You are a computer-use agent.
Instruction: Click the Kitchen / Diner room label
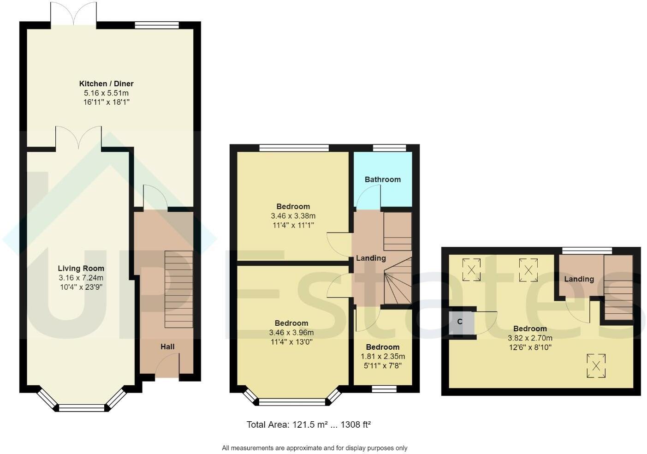(x=106, y=84)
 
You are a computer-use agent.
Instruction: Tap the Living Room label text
(x=81, y=268)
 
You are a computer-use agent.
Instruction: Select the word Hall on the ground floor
(x=167, y=346)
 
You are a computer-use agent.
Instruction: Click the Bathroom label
(x=382, y=179)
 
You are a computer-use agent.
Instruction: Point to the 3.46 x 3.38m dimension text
(x=293, y=216)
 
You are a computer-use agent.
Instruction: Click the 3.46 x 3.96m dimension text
(x=291, y=333)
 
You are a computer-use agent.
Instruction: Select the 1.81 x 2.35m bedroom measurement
(x=382, y=356)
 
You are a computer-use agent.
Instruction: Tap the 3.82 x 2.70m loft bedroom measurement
(x=530, y=338)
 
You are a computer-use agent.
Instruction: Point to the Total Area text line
(x=309, y=424)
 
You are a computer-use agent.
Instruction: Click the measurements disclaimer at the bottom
(x=315, y=448)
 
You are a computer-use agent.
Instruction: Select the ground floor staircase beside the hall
(x=178, y=289)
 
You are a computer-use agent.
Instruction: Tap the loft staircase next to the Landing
(x=618, y=287)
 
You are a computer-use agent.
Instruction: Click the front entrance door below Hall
(x=167, y=369)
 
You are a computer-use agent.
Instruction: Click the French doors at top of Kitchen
(x=74, y=14)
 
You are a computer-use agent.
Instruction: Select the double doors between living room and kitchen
(x=78, y=137)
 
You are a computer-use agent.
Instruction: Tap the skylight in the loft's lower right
(x=596, y=366)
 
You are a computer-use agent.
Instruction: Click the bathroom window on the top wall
(x=389, y=148)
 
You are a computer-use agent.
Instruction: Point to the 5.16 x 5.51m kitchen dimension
(x=106, y=93)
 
